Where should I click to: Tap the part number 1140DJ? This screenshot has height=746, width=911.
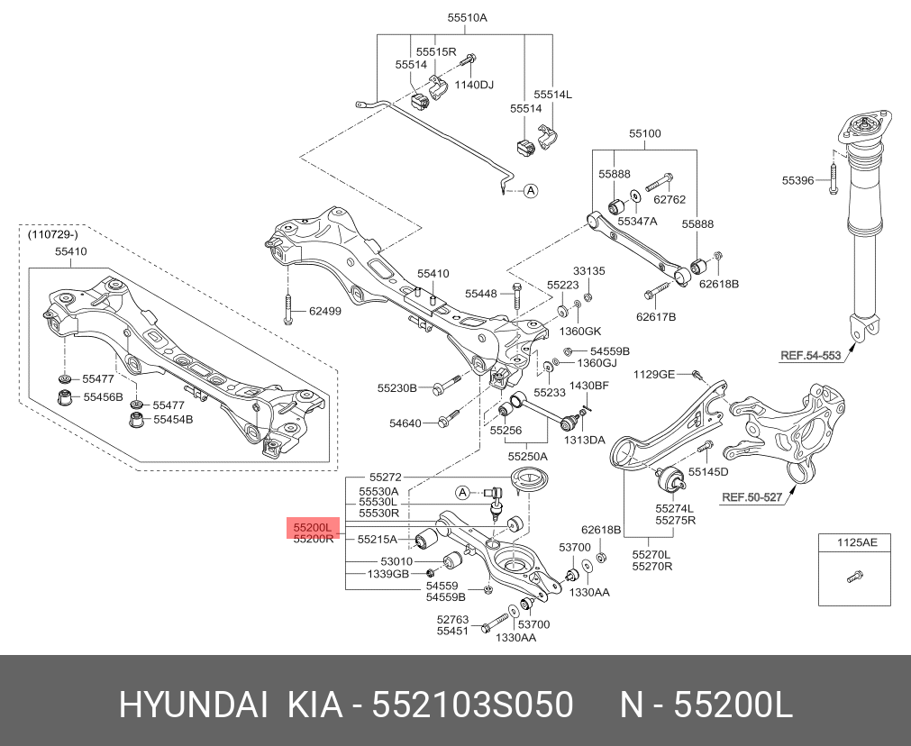[474, 85]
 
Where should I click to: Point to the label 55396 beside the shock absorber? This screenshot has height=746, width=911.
[797, 181]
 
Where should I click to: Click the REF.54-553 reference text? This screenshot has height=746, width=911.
[810, 356]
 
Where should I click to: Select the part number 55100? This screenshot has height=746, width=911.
[644, 133]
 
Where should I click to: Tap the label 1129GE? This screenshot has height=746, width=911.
[653, 374]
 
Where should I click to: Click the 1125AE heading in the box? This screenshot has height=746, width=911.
[856, 542]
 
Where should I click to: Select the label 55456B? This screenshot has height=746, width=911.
[103, 396]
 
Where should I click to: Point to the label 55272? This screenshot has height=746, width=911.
[385, 477]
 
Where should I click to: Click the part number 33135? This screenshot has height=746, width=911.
[589, 271]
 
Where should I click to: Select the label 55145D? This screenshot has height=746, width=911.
[708, 471]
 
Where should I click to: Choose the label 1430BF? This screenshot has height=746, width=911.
[589, 386]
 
